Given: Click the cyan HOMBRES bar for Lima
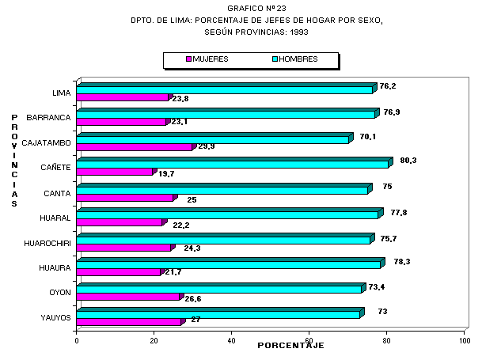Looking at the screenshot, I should (x=226, y=89).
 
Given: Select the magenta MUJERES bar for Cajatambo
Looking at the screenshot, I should (x=135, y=147).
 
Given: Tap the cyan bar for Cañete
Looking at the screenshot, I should (x=233, y=165).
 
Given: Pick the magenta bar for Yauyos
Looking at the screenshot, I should (x=129, y=322).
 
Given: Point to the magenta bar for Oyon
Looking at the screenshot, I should (x=128, y=297).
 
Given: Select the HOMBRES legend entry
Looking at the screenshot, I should (x=295, y=59).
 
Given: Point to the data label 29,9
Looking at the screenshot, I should (x=204, y=146).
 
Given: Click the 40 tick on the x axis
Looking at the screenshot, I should (x=232, y=341).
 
